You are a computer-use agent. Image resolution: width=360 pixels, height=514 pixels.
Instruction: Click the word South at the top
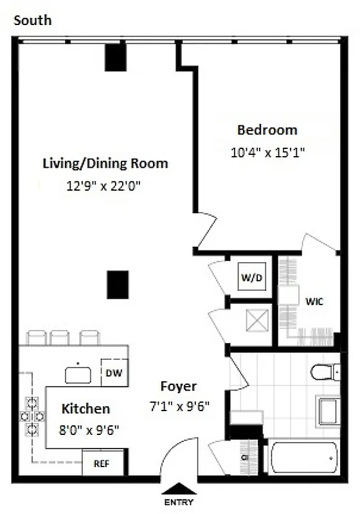tap(32, 21)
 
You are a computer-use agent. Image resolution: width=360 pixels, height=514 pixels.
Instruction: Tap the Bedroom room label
tap(267, 130)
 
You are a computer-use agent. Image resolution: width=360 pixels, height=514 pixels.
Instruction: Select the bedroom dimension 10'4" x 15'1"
tap(267, 153)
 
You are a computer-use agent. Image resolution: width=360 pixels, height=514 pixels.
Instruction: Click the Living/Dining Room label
tap(105, 163)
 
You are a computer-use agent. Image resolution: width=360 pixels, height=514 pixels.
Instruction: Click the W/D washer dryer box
tap(250, 279)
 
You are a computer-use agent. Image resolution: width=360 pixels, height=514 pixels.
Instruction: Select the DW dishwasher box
tap(114, 373)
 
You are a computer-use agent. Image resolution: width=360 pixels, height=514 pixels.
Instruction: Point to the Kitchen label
tap(85, 409)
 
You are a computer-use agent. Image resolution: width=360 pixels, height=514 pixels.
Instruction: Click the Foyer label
tap(179, 387)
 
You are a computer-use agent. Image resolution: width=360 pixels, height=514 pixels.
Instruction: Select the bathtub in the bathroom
tap(302, 457)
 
